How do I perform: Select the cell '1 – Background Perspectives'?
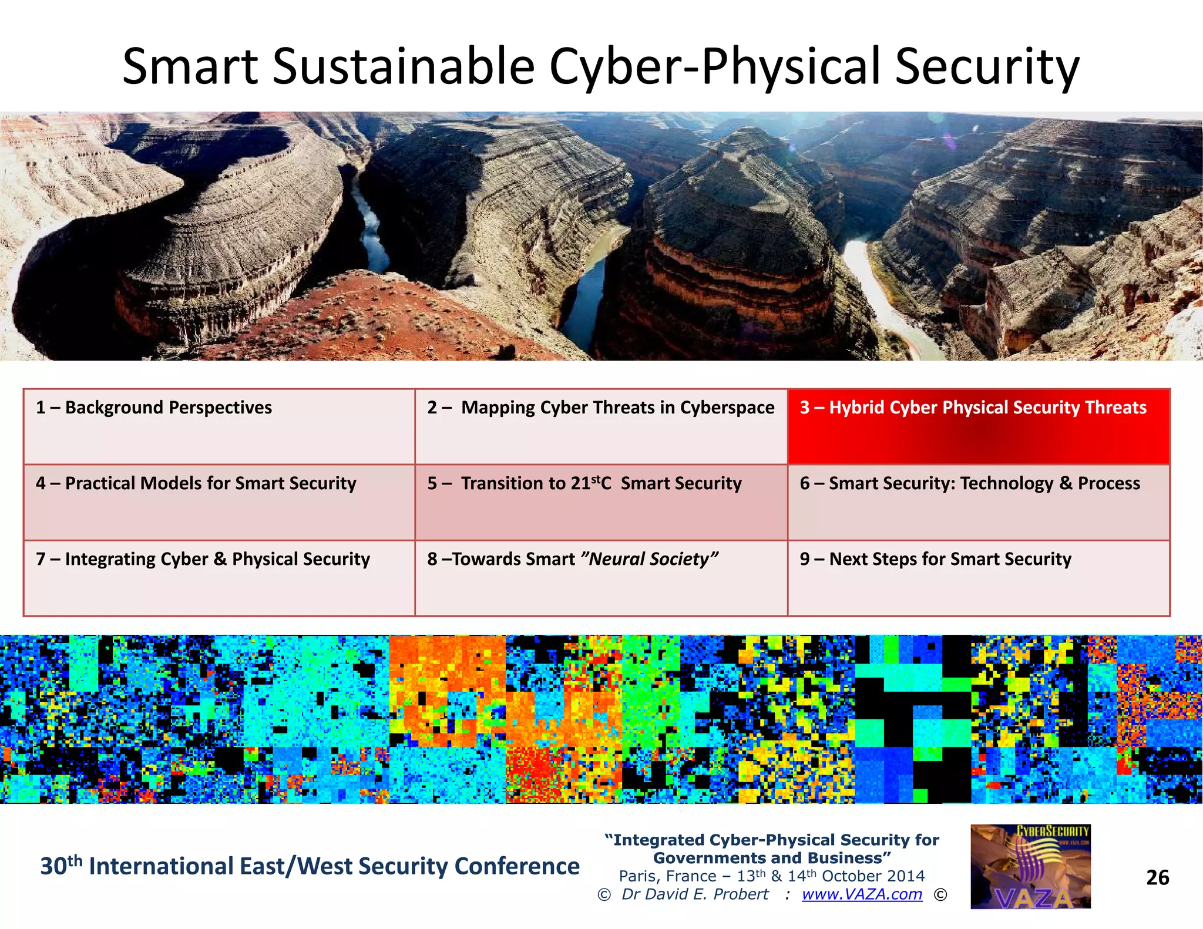tap(219, 426)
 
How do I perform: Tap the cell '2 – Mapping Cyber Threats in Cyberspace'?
tap(600, 426)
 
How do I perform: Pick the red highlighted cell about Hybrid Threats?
tap(978, 427)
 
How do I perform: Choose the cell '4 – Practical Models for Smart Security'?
tap(219, 502)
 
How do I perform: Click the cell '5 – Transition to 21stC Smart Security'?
tap(600, 502)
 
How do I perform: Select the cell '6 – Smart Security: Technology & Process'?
tap(978, 502)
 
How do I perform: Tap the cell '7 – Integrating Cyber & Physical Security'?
tap(219, 578)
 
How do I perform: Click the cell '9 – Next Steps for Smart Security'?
tap(978, 578)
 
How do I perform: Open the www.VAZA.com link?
tap(862, 894)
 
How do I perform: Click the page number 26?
tap(1157, 877)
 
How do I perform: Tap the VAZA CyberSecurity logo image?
tap(1030, 867)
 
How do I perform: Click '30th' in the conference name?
tap(61, 866)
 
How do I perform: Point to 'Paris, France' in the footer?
tap(667, 876)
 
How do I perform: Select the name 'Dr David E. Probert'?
tap(695, 894)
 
